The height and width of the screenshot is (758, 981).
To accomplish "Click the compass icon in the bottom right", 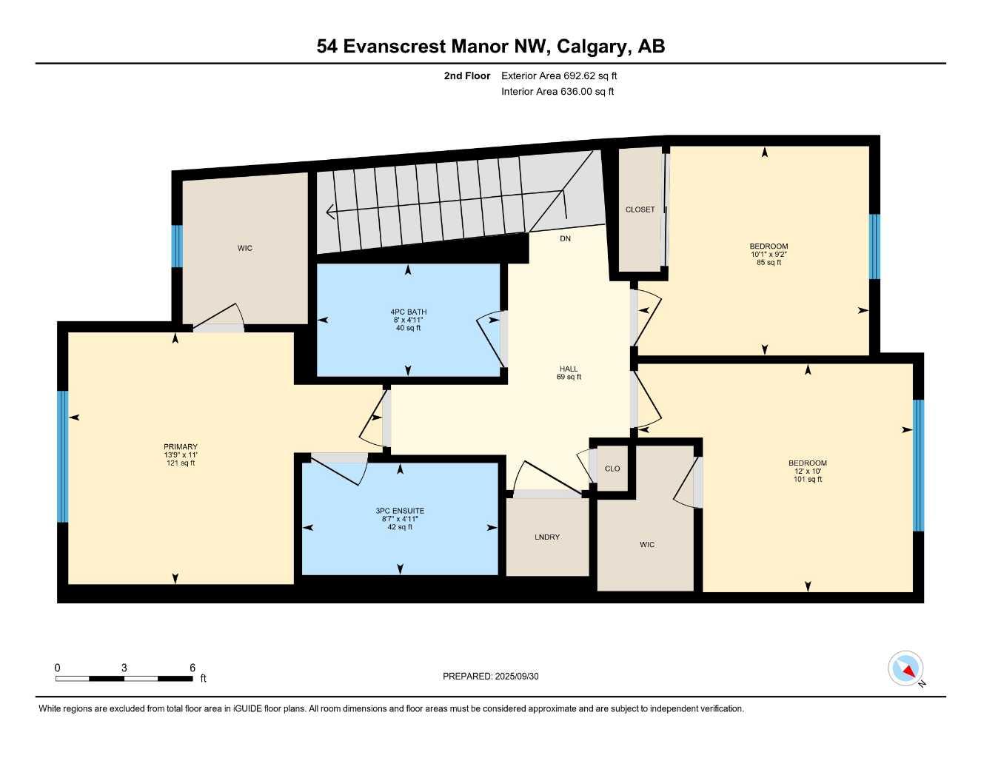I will coord(905,668).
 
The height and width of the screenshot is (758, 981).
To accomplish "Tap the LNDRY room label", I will coord(547,537).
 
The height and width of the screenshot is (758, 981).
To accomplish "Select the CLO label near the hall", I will coord(612,469).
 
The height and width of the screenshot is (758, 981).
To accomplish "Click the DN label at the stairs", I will coord(565,238).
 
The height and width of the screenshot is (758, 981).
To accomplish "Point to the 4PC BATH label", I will coord(409,312).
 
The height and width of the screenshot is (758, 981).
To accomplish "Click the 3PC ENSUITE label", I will coord(400,511).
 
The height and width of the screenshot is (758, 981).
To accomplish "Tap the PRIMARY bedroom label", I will coord(181,446).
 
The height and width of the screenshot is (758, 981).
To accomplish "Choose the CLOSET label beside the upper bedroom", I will coord(640,209).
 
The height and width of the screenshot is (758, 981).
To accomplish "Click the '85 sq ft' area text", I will coord(769,263).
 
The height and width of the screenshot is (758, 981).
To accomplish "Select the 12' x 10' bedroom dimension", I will coord(807,471).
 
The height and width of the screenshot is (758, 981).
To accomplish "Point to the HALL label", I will coord(569,369).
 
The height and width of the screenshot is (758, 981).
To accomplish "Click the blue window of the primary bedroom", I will coord(63,456).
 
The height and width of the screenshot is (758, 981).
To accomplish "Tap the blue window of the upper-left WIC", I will coord(177,246).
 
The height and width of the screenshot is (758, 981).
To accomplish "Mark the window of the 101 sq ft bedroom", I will coord(918,465).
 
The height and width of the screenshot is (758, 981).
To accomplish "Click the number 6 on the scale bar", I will coord(192,668).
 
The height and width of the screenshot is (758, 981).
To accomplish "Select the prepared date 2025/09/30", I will coord(517,676).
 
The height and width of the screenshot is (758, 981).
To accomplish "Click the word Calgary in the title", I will coord(591,46).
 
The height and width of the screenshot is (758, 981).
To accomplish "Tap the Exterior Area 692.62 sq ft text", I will coord(559,76).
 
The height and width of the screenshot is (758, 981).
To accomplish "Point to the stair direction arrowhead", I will coord(330,212).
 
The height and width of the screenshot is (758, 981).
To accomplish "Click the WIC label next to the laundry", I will coord(647,544).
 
